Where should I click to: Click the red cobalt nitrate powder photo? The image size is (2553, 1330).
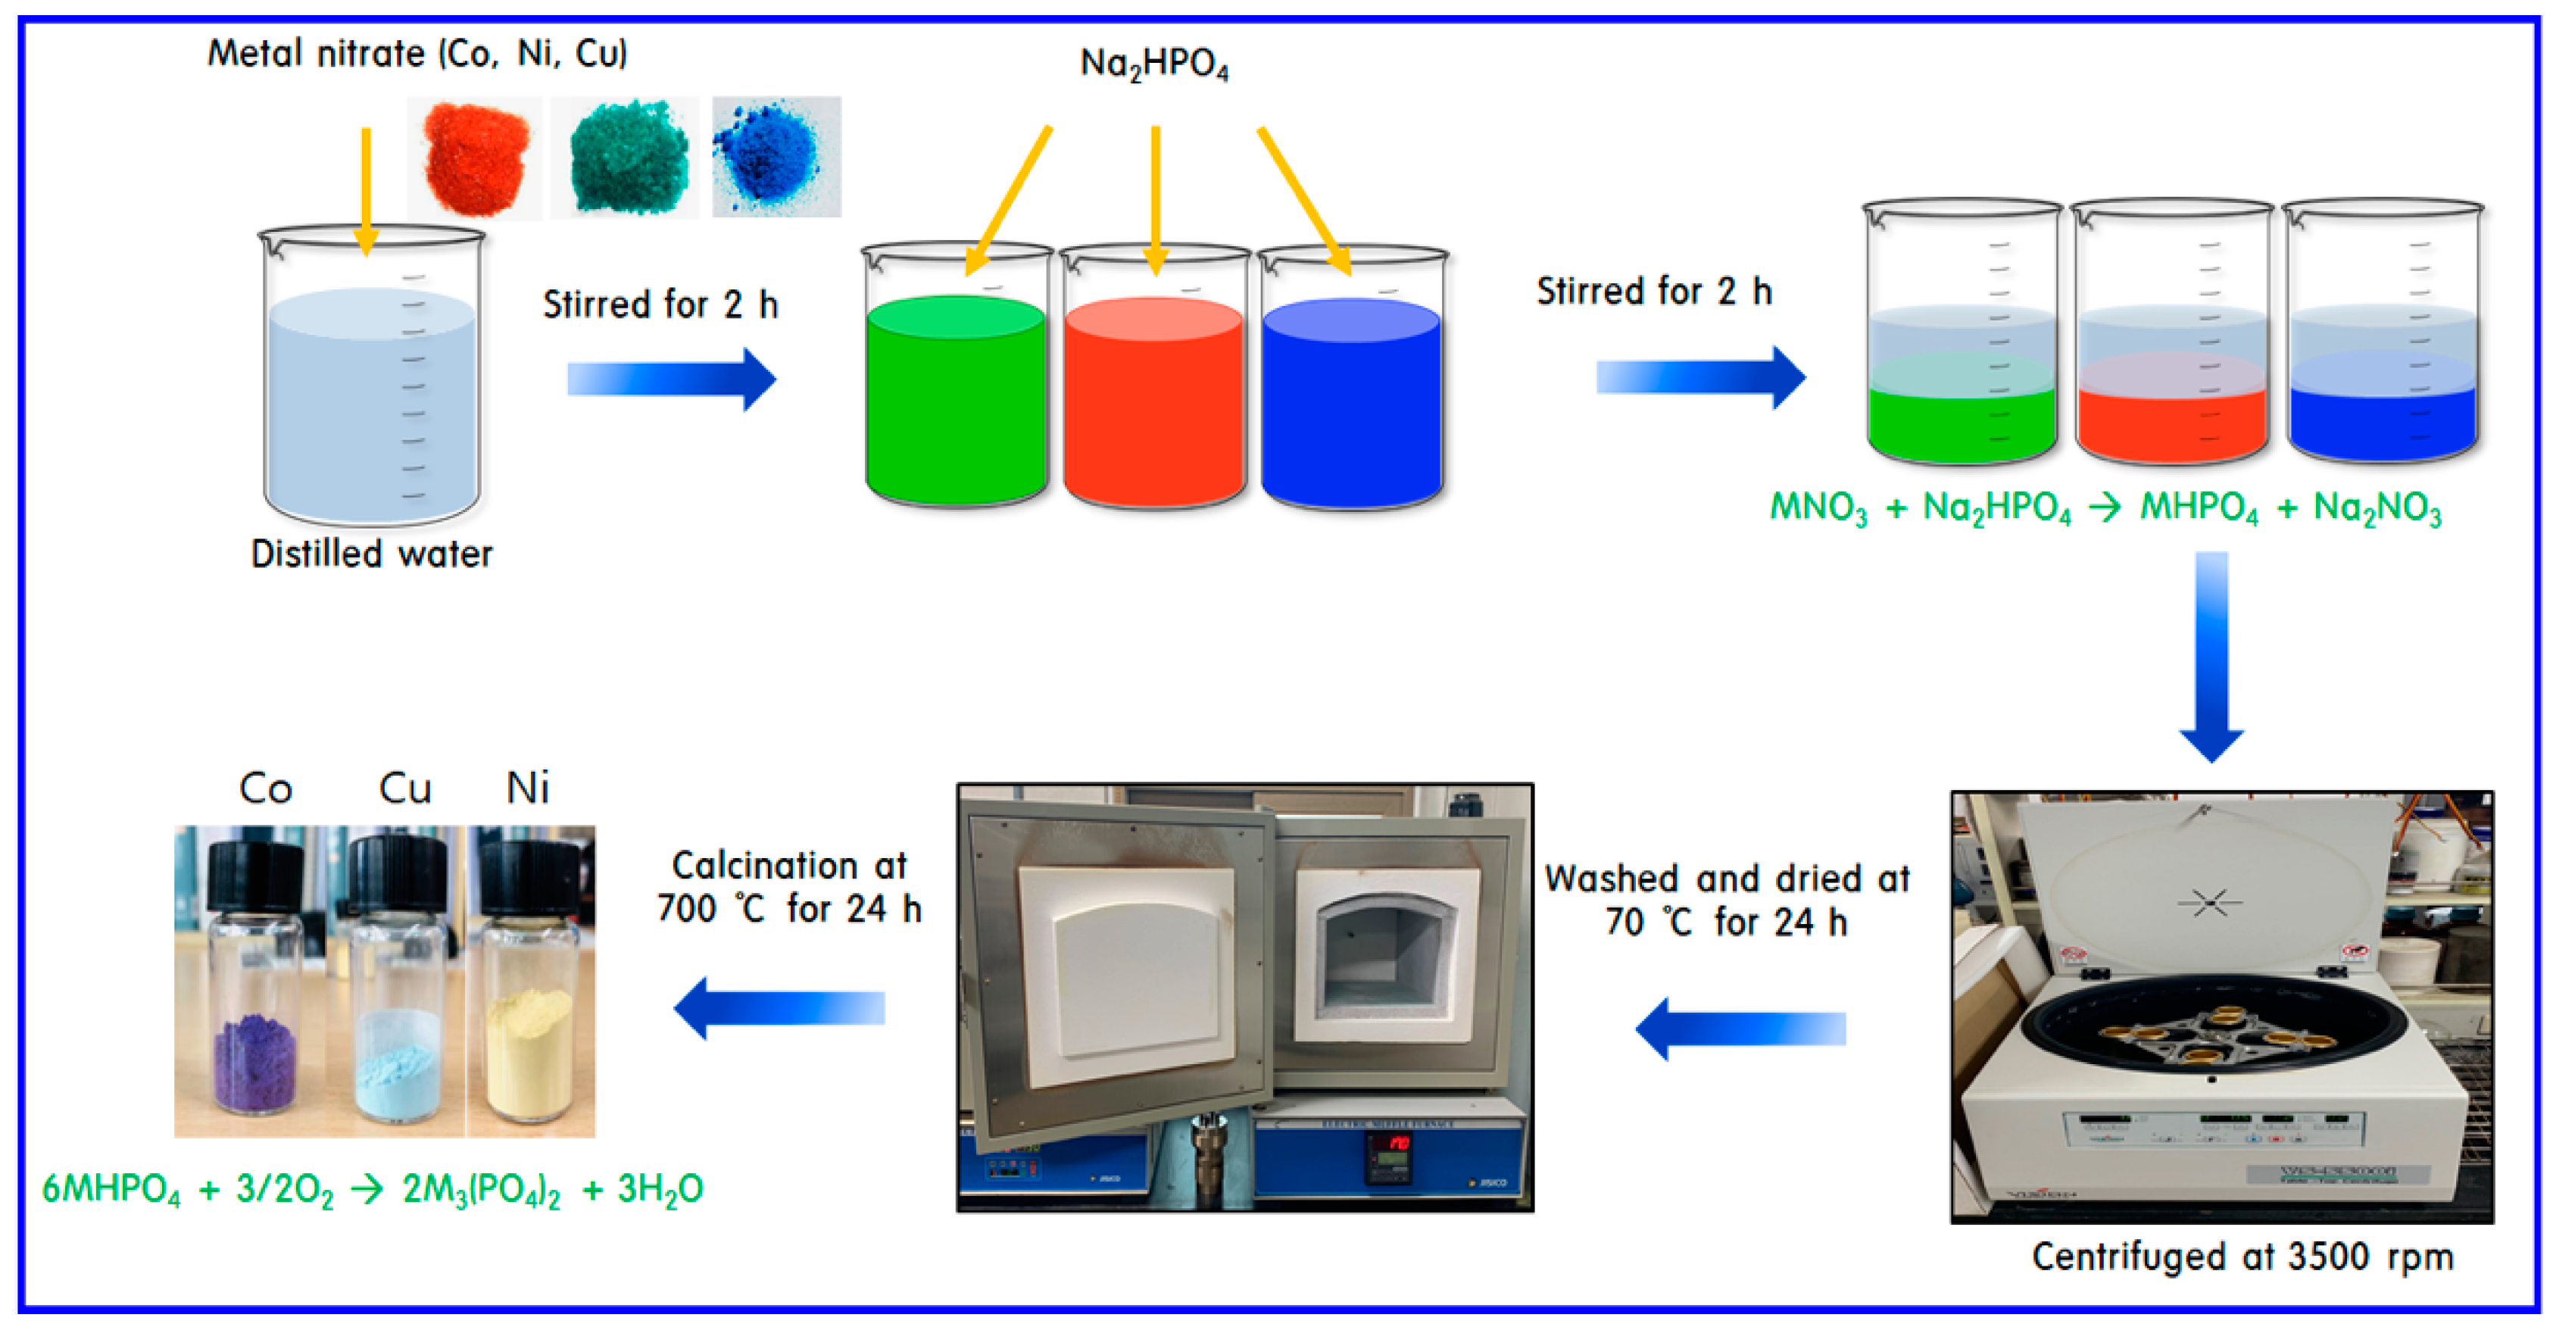tap(475, 158)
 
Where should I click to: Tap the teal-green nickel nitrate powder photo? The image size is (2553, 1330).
tap(626, 158)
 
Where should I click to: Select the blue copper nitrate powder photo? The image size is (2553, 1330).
tap(776, 157)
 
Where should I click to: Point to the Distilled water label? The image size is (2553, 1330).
tap(372, 554)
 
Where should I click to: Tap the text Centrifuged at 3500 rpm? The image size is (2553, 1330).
tap(2242, 1257)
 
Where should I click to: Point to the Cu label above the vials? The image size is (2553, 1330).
tap(404, 789)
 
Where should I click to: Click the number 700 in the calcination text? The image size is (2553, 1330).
tap(687, 909)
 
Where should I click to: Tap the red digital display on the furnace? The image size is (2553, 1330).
tap(1397, 1144)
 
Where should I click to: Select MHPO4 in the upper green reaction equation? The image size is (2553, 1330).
tap(2199, 507)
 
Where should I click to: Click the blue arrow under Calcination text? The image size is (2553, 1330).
tap(779, 1008)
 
